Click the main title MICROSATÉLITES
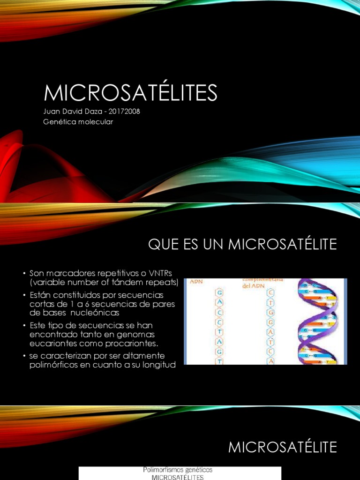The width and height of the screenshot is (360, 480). click(x=131, y=93)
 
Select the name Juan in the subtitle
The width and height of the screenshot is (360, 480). click(x=52, y=112)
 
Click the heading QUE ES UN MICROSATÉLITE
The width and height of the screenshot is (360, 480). click(x=242, y=244)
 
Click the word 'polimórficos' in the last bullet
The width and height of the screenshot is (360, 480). click(x=52, y=365)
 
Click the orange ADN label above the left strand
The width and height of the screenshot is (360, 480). click(x=195, y=282)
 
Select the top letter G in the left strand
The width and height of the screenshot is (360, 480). click(x=218, y=293)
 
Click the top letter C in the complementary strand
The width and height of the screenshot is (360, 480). click(x=271, y=293)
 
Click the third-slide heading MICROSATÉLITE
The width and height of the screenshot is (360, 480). click(x=282, y=447)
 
